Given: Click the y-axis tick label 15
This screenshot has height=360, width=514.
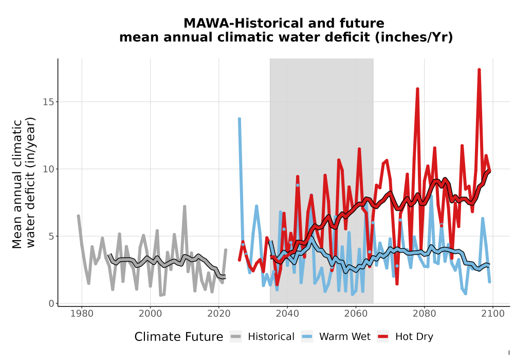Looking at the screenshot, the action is (x=48, y=102).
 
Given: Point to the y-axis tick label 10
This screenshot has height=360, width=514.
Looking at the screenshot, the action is (x=48, y=169).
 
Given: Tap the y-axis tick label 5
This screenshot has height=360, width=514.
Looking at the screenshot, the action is (x=51, y=237).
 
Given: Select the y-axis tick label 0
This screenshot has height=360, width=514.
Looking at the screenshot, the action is (x=51, y=303).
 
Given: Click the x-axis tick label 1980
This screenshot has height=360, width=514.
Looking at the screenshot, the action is (x=82, y=314).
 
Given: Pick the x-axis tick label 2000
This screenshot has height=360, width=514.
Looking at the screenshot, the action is (x=151, y=314).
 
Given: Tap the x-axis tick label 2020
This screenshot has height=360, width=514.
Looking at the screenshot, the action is (x=219, y=314).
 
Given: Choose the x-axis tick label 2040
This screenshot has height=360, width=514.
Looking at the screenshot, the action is (x=287, y=314).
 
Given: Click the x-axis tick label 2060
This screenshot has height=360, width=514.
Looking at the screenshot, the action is (x=356, y=314).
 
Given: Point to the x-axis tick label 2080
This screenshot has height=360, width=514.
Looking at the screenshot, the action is (x=424, y=314).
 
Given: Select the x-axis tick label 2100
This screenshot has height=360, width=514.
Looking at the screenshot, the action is (x=493, y=314).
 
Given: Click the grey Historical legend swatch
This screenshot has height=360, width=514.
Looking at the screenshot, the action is (x=236, y=336).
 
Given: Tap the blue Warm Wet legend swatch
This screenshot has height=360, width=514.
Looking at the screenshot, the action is (x=307, y=336).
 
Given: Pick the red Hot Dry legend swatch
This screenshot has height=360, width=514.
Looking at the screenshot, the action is (x=383, y=336).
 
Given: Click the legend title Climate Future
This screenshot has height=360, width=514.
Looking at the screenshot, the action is (x=179, y=337).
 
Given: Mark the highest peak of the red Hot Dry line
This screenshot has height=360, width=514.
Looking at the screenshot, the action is (x=479, y=69).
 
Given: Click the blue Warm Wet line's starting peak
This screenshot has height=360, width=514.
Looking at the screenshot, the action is (x=240, y=119).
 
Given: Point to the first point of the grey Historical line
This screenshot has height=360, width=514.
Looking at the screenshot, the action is (x=78, y=215).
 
